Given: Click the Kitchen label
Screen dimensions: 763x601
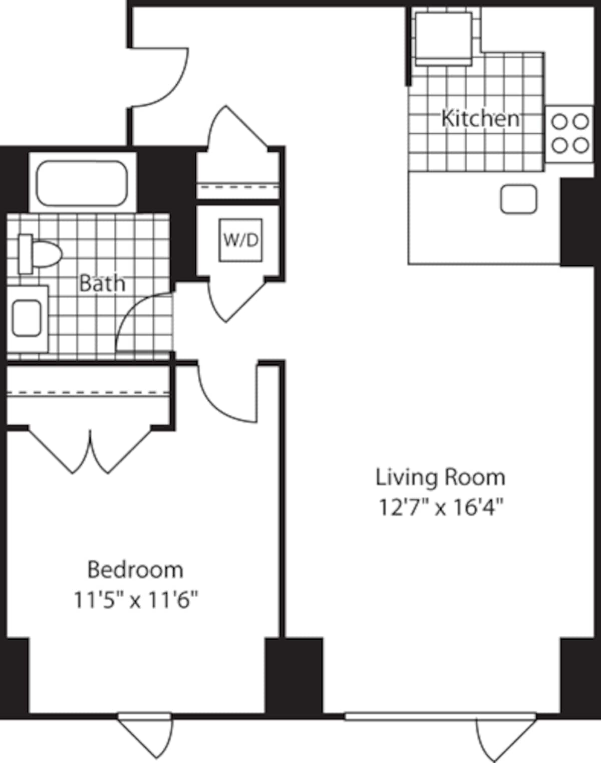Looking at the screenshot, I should click(480, 119).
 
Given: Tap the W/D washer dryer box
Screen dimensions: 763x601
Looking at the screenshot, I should click(240, 240).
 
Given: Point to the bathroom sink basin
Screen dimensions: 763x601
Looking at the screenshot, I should click(27, 318).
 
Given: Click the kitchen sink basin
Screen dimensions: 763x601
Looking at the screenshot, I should click(518, 199).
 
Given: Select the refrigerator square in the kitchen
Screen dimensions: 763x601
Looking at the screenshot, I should click(443, 36).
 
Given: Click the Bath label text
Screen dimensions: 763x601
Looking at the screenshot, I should click(102, 284).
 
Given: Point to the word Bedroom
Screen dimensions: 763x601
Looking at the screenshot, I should click(135, 570).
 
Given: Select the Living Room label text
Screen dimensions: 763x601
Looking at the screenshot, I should click(440, 477).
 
